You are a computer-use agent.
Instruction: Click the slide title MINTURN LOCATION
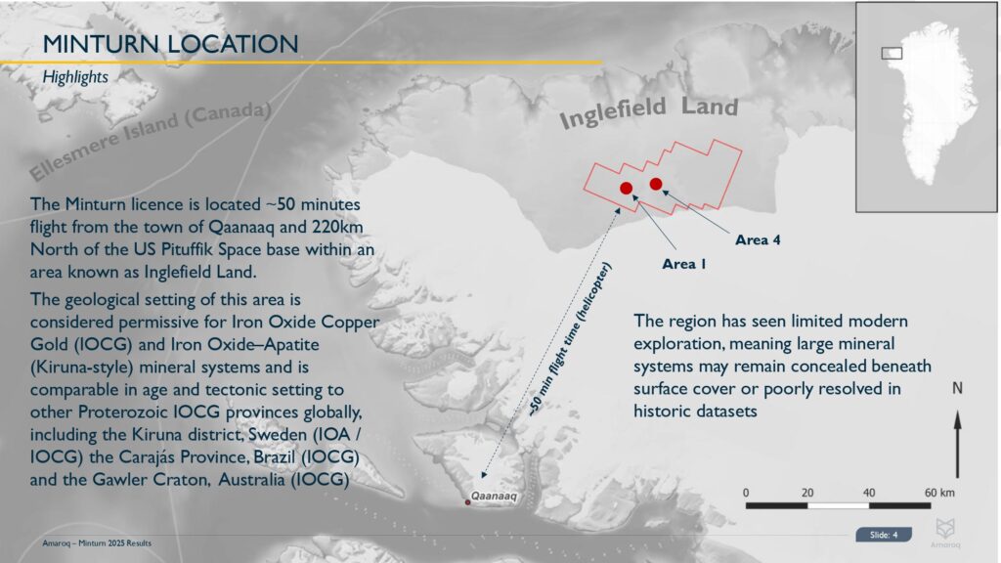click(x=170, y=44)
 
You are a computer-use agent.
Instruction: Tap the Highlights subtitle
click(x=75, y=77)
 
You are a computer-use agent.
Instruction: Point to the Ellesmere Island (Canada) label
click(x=151, y=140)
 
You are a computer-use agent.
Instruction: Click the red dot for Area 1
click(x=627, y=188)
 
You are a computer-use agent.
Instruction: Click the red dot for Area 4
click(x=656, y=184)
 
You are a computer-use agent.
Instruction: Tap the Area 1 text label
click(x=683, y=264)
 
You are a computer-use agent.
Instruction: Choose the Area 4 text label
click(x=758, y=240)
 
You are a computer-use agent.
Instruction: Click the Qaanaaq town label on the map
click(x=494, y=496)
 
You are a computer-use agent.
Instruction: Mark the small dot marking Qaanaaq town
click(x=467, y=502)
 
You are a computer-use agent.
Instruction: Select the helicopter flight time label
click(x=570, y=339)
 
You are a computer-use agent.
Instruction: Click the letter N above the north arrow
click(x=957, y=388)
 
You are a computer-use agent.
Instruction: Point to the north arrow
click(x=957, y=444)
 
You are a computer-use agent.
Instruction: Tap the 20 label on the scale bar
click(x=807, y=493)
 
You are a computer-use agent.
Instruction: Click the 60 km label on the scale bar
click(x=939, y=493)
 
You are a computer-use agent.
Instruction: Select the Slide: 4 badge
click(x=884, y=535)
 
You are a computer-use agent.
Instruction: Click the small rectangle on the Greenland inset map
click(x=892, y=54)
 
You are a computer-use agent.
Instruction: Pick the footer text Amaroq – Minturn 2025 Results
click(x=97, y=543)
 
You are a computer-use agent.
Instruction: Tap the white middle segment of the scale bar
click(x=838, y=505)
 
